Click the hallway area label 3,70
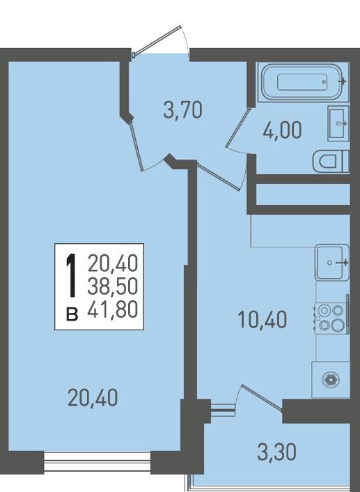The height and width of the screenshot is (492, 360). [x=182, y=111]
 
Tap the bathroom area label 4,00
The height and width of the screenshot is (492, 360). [x=282, y=130]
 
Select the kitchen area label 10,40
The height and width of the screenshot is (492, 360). [x=263, y=320]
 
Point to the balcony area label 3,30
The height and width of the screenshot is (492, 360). [x=276, y=452]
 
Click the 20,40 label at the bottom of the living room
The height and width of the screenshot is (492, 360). [x=93, y=397]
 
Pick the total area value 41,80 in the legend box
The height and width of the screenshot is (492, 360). [x=113, y=309]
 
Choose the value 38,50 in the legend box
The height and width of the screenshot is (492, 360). [x=113, y=286]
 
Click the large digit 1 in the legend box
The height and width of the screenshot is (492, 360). [x=71, y=275]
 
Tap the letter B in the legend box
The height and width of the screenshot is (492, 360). [x=72, y=314]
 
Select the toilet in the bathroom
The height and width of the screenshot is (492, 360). [x=331, y=162]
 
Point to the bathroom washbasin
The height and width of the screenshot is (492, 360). [x=338, y=123]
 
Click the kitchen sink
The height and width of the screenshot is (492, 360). [x=332, y=262]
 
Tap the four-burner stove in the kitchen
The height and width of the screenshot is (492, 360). [x=332, y=318]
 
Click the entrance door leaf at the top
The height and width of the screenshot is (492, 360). [x=157, y=40]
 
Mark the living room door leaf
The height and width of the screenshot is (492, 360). [x=136, y=146]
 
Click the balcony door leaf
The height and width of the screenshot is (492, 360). [x=261, y=397]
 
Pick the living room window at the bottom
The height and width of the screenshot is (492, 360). [x=97, y=462]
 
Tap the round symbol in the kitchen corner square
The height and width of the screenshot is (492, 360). [x=331, y=380]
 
